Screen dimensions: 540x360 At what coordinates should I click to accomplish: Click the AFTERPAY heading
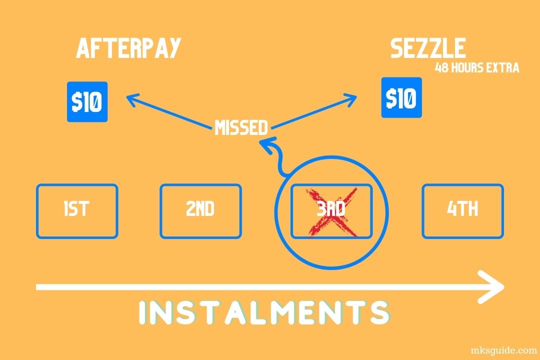point(128,48)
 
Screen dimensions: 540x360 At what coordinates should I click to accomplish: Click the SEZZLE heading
point(428,48)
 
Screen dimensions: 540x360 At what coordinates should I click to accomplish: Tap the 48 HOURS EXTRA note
point(477,67)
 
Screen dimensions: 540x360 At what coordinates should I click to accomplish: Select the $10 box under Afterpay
point(87,101)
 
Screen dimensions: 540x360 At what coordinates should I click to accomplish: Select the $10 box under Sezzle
point(401,97)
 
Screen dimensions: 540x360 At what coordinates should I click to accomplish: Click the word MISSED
point(241,127)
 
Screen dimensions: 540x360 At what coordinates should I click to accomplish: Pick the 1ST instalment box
point(77,211)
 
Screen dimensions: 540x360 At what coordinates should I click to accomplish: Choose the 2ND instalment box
point(201,211)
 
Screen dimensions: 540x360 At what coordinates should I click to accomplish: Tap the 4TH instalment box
point(463,211)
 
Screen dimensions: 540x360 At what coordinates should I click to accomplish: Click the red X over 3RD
point(332,212)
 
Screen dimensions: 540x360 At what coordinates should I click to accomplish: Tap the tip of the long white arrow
point(504,286)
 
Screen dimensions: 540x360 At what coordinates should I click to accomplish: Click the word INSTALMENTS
point(264,312)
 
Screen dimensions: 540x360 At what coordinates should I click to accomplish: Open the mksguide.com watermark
point(504,350)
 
